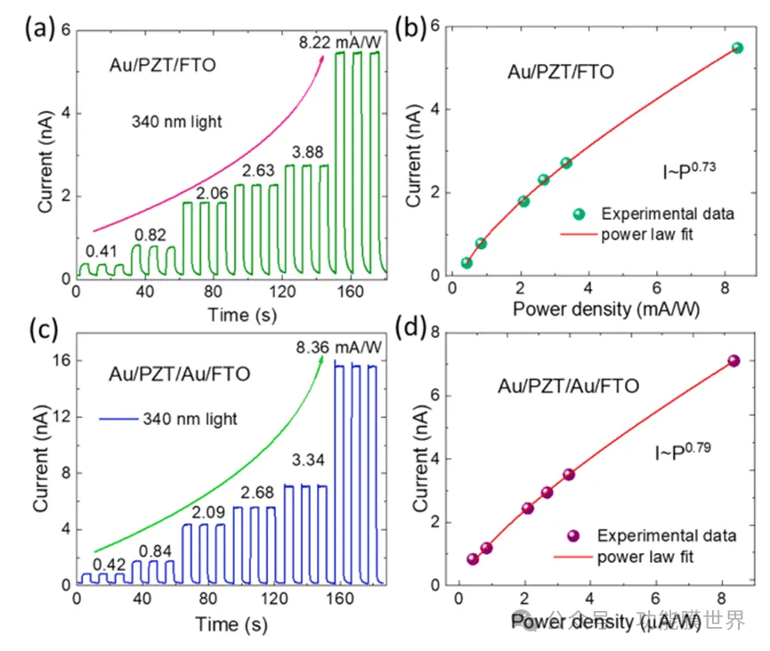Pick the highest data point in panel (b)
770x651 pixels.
tap(737, 48)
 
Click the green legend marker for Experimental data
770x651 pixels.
tap(580, 213)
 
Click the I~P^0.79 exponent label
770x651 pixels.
tap(683, 453)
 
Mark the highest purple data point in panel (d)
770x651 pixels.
tap(734, 361)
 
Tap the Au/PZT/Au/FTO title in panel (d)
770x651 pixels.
tap(568, 386)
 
